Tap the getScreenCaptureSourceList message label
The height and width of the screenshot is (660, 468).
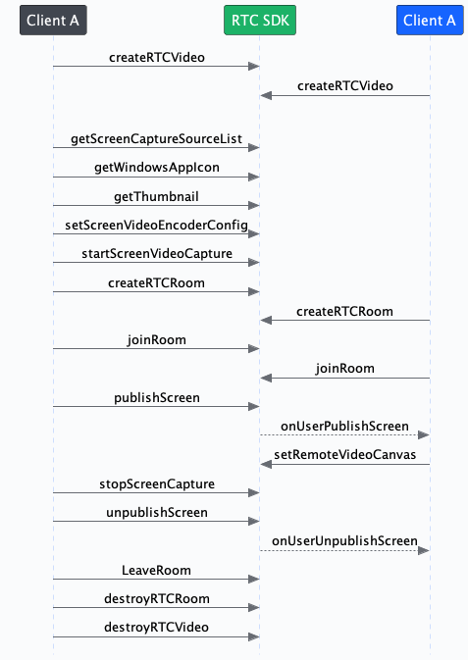pos(156,139)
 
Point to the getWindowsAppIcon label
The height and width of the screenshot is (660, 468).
pos(156,168)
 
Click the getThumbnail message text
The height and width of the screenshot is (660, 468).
pos(156,196)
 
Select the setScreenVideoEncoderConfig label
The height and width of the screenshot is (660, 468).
pos(156,225)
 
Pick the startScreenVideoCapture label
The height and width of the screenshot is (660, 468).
pos(156,254)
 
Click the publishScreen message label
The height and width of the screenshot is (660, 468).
pos(156,397)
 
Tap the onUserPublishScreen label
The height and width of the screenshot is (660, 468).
pos(344,426)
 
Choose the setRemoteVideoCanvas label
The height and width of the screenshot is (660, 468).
pos(344,454)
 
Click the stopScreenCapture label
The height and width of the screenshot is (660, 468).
pos(156,483)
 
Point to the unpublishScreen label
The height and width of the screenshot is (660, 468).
pos(156,512)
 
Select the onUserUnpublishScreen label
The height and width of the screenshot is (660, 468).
pos(344,540)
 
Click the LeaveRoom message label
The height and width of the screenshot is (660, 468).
pos(156,569)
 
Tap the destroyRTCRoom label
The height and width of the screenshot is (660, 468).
pos(156,597)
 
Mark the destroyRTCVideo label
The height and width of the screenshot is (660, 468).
pos(156,627)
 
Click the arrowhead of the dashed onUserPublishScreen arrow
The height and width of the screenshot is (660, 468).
pos(424,435)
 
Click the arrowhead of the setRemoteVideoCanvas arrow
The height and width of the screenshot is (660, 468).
pos(266,464)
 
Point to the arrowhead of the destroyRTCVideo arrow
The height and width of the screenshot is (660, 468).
pos(254,636)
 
